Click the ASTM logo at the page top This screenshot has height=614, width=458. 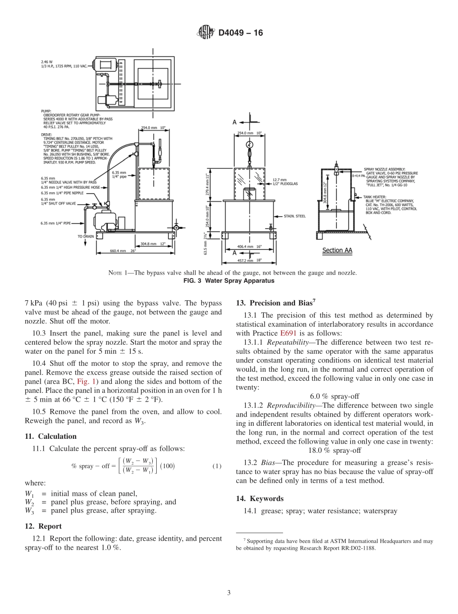pos(206,33)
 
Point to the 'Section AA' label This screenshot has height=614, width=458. pos(337,250)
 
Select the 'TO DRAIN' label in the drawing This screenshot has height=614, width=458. pos(86,237)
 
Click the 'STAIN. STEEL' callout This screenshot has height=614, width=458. pos(295,216)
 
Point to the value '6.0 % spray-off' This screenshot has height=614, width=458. pos(335,396)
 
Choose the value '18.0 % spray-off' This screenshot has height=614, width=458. pos(335,450)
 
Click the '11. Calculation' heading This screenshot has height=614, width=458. pos(51,436)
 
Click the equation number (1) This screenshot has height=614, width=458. pos(217,466)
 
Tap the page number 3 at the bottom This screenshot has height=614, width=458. pos(229,593)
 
